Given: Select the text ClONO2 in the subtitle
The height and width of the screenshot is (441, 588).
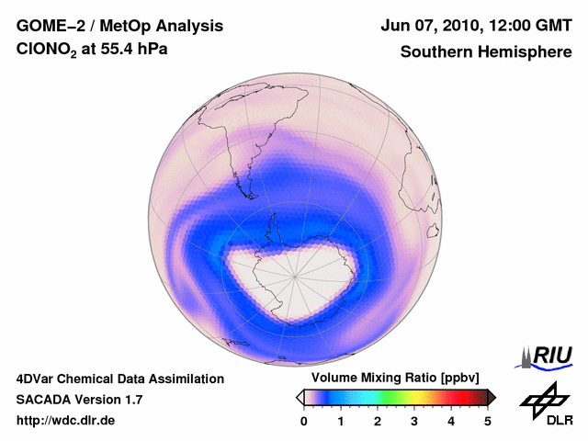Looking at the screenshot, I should [49, 53].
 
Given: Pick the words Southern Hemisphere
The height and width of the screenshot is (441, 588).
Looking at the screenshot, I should [485, 52].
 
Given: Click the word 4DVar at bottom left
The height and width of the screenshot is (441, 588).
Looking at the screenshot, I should [37, 379].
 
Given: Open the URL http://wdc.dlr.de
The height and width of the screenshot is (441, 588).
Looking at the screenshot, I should [66, 421].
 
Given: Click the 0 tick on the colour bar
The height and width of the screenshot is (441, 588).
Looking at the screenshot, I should [304, 421].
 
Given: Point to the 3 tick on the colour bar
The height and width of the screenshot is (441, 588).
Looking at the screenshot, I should [414, 421].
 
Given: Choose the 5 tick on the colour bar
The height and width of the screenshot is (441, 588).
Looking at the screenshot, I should [488, 421].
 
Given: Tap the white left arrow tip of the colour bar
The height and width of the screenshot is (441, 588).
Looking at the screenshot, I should [300, 397].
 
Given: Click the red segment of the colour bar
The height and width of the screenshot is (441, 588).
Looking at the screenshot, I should [450, 397].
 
